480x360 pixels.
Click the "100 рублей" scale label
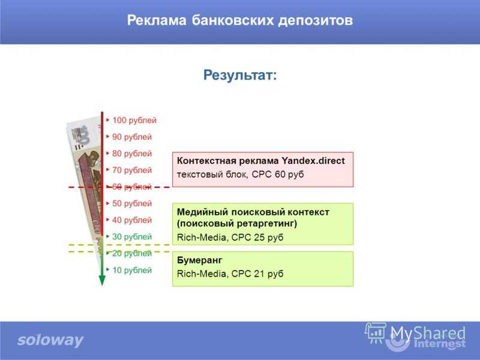point(134,121)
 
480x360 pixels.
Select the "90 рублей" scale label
point(132,137)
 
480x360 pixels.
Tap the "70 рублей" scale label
point(132,170)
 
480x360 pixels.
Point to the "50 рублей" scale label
point(132,203)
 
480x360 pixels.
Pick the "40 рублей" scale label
point(132,220)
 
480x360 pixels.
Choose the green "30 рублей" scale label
point(132,236)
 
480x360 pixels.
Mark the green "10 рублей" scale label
point(132,271)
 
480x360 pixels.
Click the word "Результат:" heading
point(240,76)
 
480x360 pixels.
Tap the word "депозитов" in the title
point(316,21)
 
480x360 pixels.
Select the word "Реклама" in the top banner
point(157,20)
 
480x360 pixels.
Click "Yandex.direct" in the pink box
point(313,161)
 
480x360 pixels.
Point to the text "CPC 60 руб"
point(278,175)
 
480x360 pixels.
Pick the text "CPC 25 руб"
point(257,237)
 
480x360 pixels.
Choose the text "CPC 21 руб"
point(257,274)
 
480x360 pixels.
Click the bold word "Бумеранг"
point(200,260)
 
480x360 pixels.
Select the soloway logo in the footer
point(50,340)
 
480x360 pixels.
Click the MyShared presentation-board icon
point(376,333)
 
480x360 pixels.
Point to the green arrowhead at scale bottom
point(102,280)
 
